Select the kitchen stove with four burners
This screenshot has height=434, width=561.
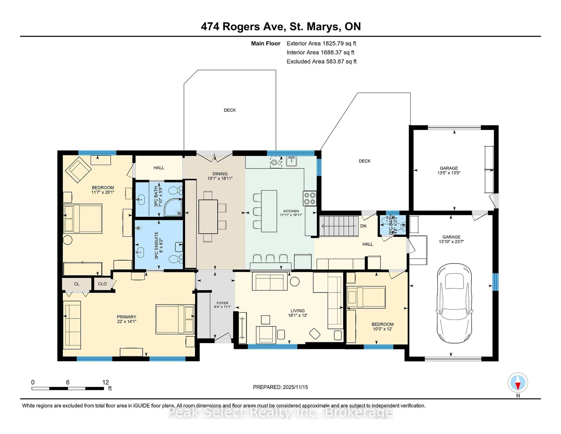click(310, 198)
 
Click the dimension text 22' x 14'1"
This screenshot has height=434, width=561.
click(126, 321)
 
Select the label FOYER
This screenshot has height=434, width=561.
click(222, 303)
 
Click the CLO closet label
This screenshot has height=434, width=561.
click(102, 284)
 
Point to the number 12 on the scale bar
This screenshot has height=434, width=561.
click(105, 382)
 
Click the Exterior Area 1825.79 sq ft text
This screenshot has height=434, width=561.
click(321, 43)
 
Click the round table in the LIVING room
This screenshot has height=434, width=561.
click(294, 281)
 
